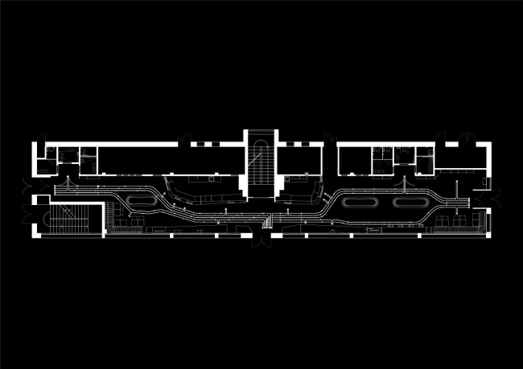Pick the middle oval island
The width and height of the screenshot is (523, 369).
click(354, 203)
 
